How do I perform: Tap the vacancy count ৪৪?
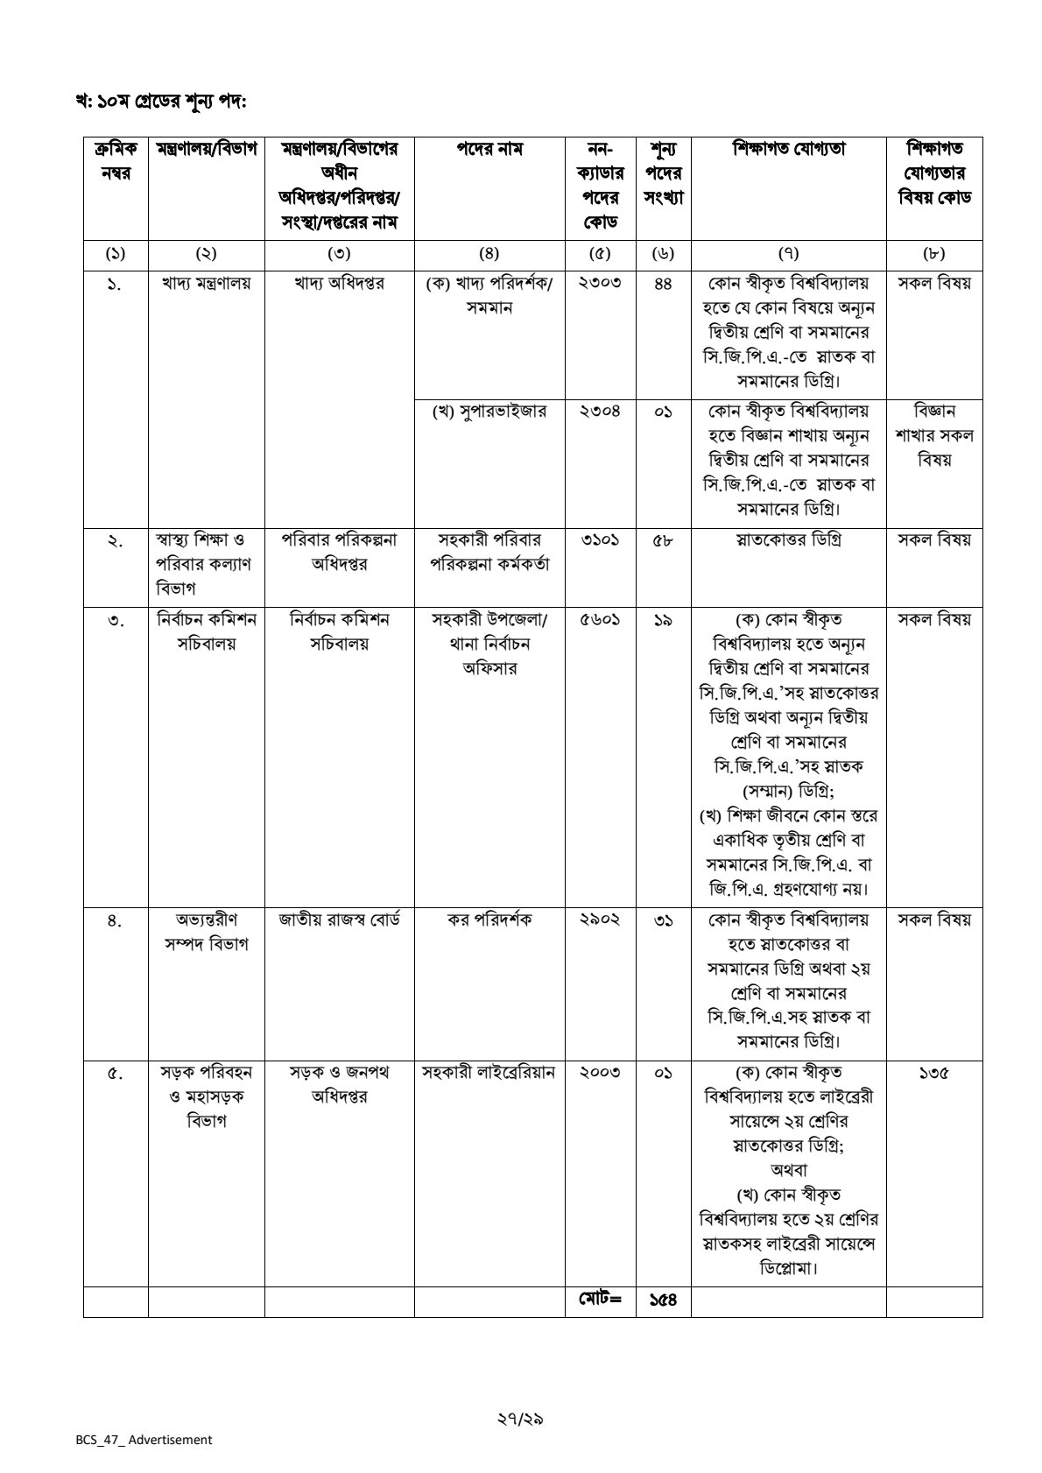(x=663, y=284)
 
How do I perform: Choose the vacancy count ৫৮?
(x=663, y=539)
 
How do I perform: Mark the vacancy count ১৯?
(x=663, y=619)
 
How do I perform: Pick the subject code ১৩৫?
(x=934, y=1072)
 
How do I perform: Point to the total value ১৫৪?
(x=663, y=1300)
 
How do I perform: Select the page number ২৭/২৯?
(x=520, y=1418)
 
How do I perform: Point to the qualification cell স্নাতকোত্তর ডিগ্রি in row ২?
(x=788, y=539)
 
